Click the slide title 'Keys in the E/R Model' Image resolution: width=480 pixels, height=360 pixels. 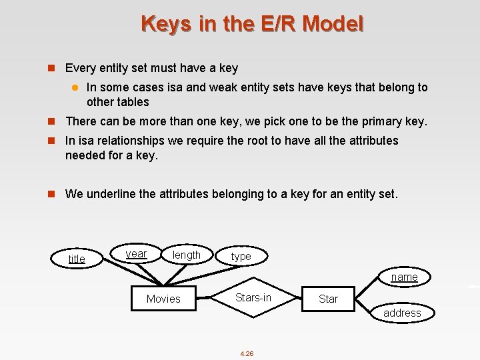(x=253, y=24)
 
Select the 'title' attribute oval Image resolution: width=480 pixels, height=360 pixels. (x=77, y=259)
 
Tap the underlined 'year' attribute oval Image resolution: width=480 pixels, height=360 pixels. (x=136, y=254)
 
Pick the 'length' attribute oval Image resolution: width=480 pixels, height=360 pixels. (x=186, y=255)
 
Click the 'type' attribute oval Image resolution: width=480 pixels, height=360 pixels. (x=241, y=257)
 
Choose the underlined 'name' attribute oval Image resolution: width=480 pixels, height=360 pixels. (x=404, y=277)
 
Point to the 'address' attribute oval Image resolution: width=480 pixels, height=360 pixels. (x=402, y=313)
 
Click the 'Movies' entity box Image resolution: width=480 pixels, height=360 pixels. (x=163, y=299)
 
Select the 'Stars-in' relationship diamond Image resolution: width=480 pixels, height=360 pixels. (x=253, y=297)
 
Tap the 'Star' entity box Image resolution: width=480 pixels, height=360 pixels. (x=328, y=299)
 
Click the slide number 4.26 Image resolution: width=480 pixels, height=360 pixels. (x=247, y=353)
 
